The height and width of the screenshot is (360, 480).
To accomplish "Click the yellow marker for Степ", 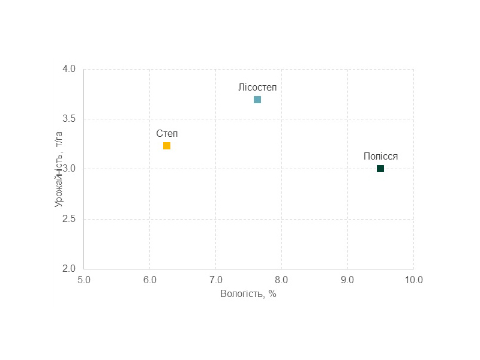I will pos(167,146).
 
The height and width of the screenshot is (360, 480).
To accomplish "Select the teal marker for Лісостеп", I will pos(257,100).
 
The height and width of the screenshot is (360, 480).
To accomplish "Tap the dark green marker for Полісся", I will pos(380,169).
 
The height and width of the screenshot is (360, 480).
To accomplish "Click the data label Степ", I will pos(167,133).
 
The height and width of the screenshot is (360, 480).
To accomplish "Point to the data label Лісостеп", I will pos(257,87).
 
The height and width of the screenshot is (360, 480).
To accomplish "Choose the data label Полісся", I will pos(380,156).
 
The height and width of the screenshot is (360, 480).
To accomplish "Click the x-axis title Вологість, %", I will pos(248,294).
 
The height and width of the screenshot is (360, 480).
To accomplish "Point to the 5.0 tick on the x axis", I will pos(83,280).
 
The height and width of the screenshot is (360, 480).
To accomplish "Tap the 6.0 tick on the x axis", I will pos(149,280).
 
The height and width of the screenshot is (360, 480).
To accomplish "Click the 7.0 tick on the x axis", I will pos(215,280).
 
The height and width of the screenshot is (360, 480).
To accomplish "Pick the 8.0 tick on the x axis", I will pos(281,280).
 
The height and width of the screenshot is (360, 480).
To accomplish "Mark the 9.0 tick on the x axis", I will pos(347,280).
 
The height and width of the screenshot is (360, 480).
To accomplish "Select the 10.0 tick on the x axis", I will pos(413,280).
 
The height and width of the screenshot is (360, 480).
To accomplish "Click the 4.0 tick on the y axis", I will pos(69,69).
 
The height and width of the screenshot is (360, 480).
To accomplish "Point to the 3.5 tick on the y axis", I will pos(69,119).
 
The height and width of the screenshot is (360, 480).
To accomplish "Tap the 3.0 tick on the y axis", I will pos(69,169).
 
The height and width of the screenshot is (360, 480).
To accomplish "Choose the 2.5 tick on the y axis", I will pos(69,219).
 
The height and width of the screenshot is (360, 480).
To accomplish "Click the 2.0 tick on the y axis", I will pos(69,269).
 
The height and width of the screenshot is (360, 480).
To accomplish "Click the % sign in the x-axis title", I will pos(272,294).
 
